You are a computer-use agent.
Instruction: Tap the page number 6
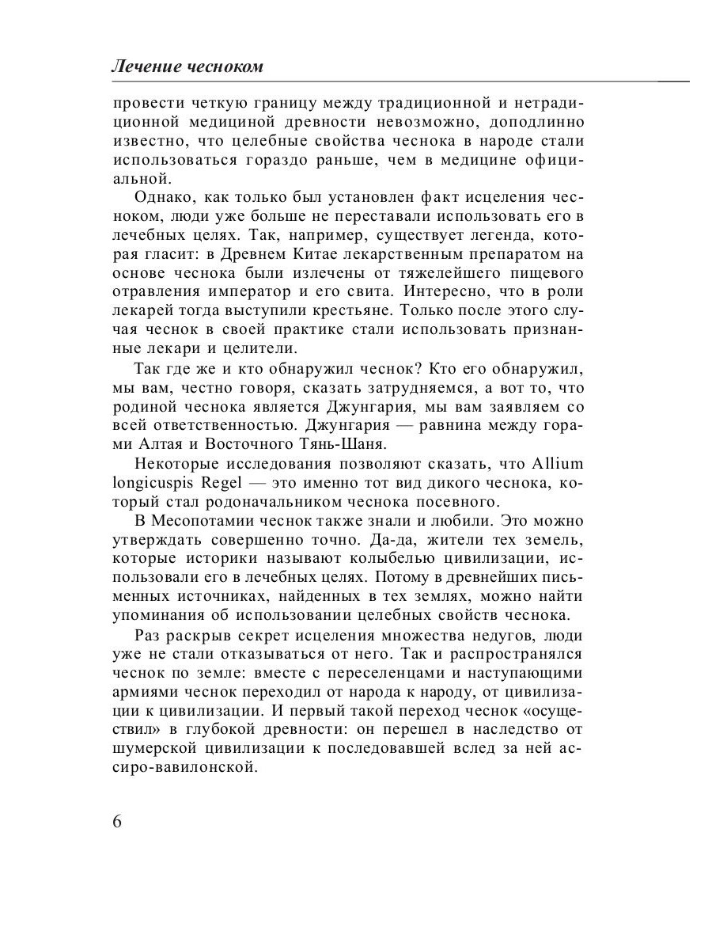click(x=117, y=820)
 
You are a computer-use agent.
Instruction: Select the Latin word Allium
click(x=561, y=463)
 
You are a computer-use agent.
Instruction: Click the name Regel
click(x=225, y=482)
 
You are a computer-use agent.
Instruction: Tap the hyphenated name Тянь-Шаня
click(x=347, y=443)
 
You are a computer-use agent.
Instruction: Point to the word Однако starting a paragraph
click(x=163, y=197)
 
